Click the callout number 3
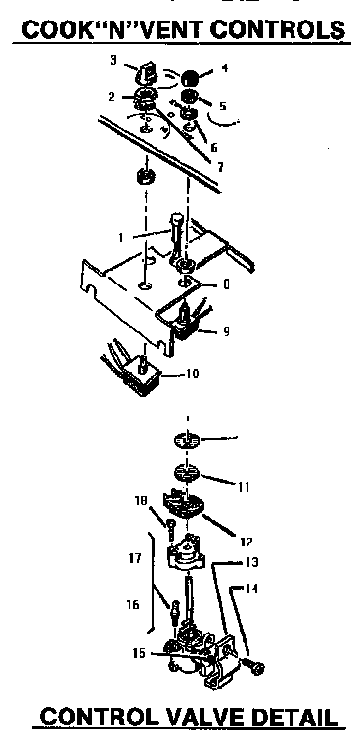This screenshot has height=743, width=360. coord(114,62)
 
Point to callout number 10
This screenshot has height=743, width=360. coord(193,374)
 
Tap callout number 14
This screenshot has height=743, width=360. coord(253,590)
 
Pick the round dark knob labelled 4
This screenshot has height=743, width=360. coord(187,77)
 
